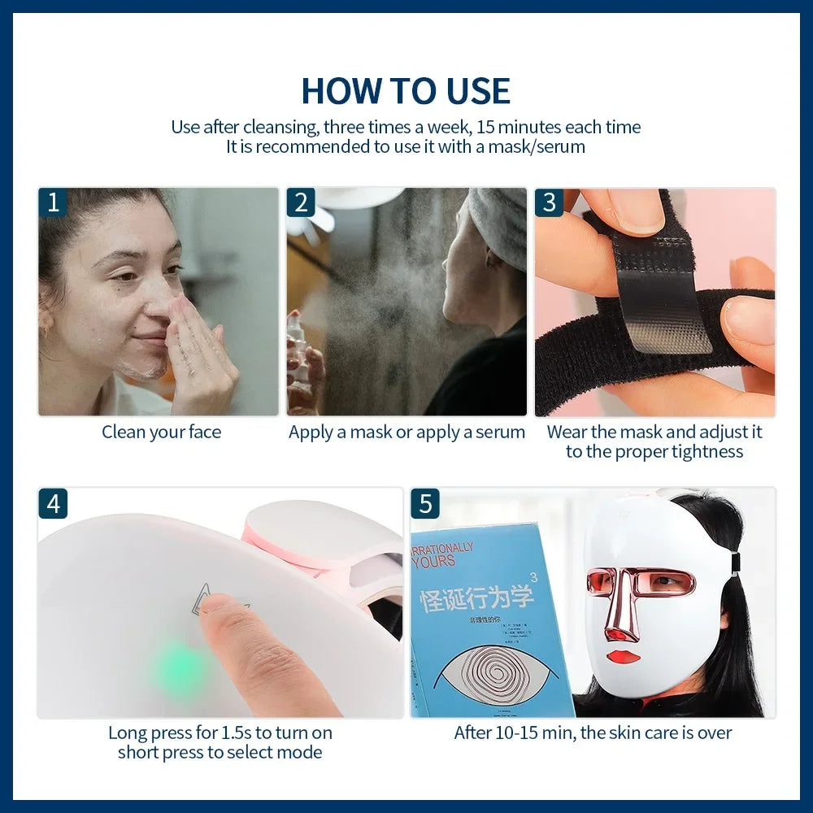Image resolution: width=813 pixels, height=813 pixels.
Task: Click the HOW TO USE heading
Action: click(x=406, y=91)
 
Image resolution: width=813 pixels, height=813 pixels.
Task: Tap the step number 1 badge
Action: click(x=53, y=202)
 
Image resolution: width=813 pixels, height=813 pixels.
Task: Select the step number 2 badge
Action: click(x=301, y=202)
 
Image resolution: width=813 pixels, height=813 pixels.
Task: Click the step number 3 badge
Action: click(x=549, y=202)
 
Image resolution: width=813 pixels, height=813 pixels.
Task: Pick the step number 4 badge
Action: click(x=53, y=503)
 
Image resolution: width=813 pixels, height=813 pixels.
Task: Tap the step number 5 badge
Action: click(x=425, y=503)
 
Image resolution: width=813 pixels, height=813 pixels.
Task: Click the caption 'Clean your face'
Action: click(x=161, y=433)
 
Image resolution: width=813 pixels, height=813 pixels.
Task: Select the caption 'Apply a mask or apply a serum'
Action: click(x=406, y=433)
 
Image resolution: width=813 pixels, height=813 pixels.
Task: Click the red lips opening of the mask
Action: click(x=622, y=655)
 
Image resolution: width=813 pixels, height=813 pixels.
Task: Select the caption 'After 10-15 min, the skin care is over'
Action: click(x=593, y=733)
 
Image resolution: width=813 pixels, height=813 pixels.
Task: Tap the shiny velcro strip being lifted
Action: click(x=659, y=301)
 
